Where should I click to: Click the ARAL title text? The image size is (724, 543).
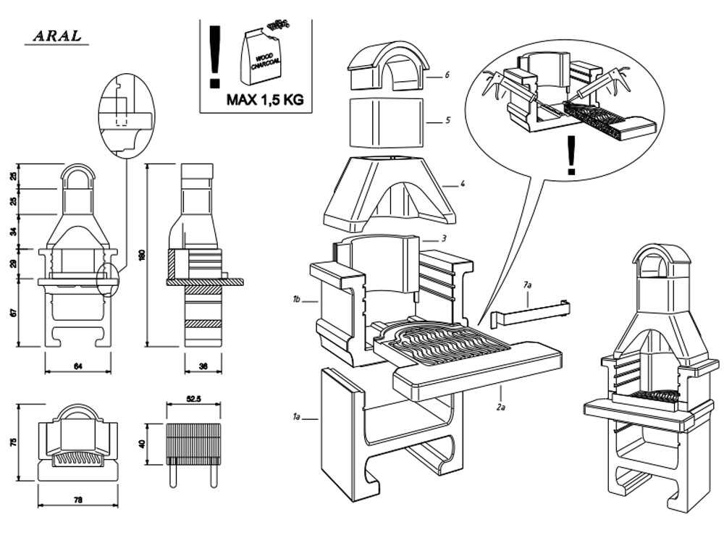tap(56, 36)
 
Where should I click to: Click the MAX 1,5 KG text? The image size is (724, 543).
tap(264, 100)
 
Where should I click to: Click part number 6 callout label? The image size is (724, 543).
tap(448, 75)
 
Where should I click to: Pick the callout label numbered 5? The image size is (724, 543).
tap(448, 120)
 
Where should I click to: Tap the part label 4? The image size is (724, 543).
tap(462, 184)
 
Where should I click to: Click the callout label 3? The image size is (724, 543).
tap(443, 238)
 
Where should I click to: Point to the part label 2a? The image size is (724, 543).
tap(500, 408)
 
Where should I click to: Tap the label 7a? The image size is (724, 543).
tap(527, 286)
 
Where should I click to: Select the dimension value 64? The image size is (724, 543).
tap(77, 367)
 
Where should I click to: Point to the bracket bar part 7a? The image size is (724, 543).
tap(529, 312)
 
